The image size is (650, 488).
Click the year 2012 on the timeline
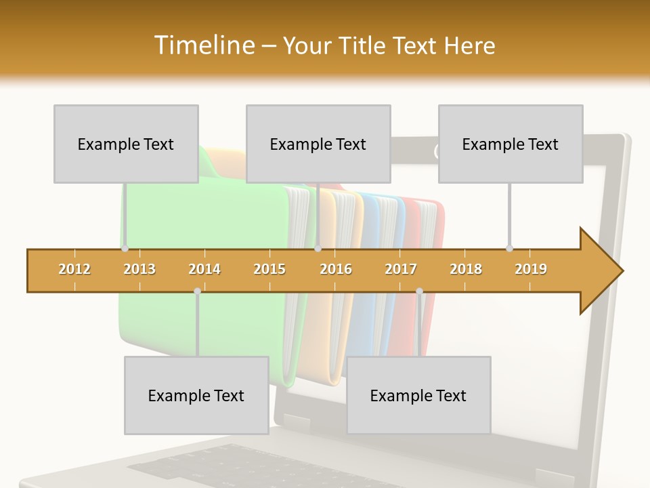(74, 269)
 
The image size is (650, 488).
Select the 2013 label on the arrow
(139, 269)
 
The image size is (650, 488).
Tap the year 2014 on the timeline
(204, 269)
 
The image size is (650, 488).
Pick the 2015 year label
(269, 269)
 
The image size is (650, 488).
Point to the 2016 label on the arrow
(336, 269)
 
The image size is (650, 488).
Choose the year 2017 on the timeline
(401, 269)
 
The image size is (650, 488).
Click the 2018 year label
(466, 269)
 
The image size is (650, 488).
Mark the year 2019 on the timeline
(531, 269)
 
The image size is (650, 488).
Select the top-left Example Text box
(126, 144)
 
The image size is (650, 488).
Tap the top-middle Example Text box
(318, 144)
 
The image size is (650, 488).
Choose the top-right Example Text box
(511, 144)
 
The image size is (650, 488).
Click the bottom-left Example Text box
(196, 395)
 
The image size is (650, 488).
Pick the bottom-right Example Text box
(418, 395)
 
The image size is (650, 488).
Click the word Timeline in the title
(204, 45)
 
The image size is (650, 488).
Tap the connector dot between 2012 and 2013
(125, 249)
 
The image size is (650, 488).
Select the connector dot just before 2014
(197, 291)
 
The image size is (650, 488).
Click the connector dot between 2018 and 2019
(509, 248)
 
